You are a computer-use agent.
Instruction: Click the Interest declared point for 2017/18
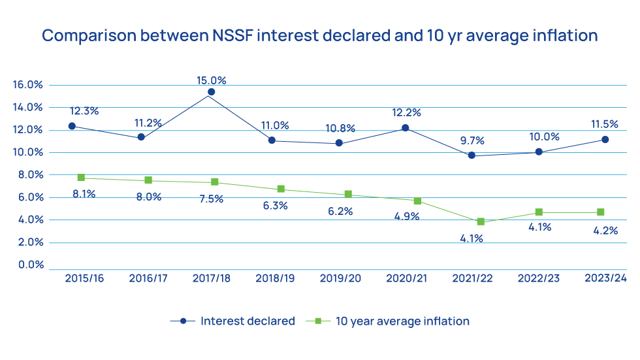(x=211, y=92)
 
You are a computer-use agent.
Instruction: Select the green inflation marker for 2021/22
(x=481, y=221)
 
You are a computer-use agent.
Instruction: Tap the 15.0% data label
(x=211, y=80)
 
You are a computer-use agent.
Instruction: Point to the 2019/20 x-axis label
(x=340, y=278)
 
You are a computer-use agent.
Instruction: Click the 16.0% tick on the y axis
(x=27, y=85)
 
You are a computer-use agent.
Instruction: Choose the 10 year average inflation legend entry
(x=402, y=321)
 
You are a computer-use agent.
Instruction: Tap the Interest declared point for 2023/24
(x=605, y=139)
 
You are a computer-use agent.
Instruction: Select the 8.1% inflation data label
(x=83, y=193)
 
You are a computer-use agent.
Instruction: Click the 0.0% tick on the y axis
(x=29, y=265)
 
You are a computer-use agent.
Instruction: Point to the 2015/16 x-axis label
(x=84, y=278)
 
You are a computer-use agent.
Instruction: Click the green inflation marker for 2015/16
(x=81, y=177)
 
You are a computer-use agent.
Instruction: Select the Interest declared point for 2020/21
(x=405, y=128)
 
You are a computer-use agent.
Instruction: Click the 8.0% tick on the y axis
(x=29, y=175)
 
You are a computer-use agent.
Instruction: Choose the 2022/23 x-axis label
(x=538, y=278)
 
